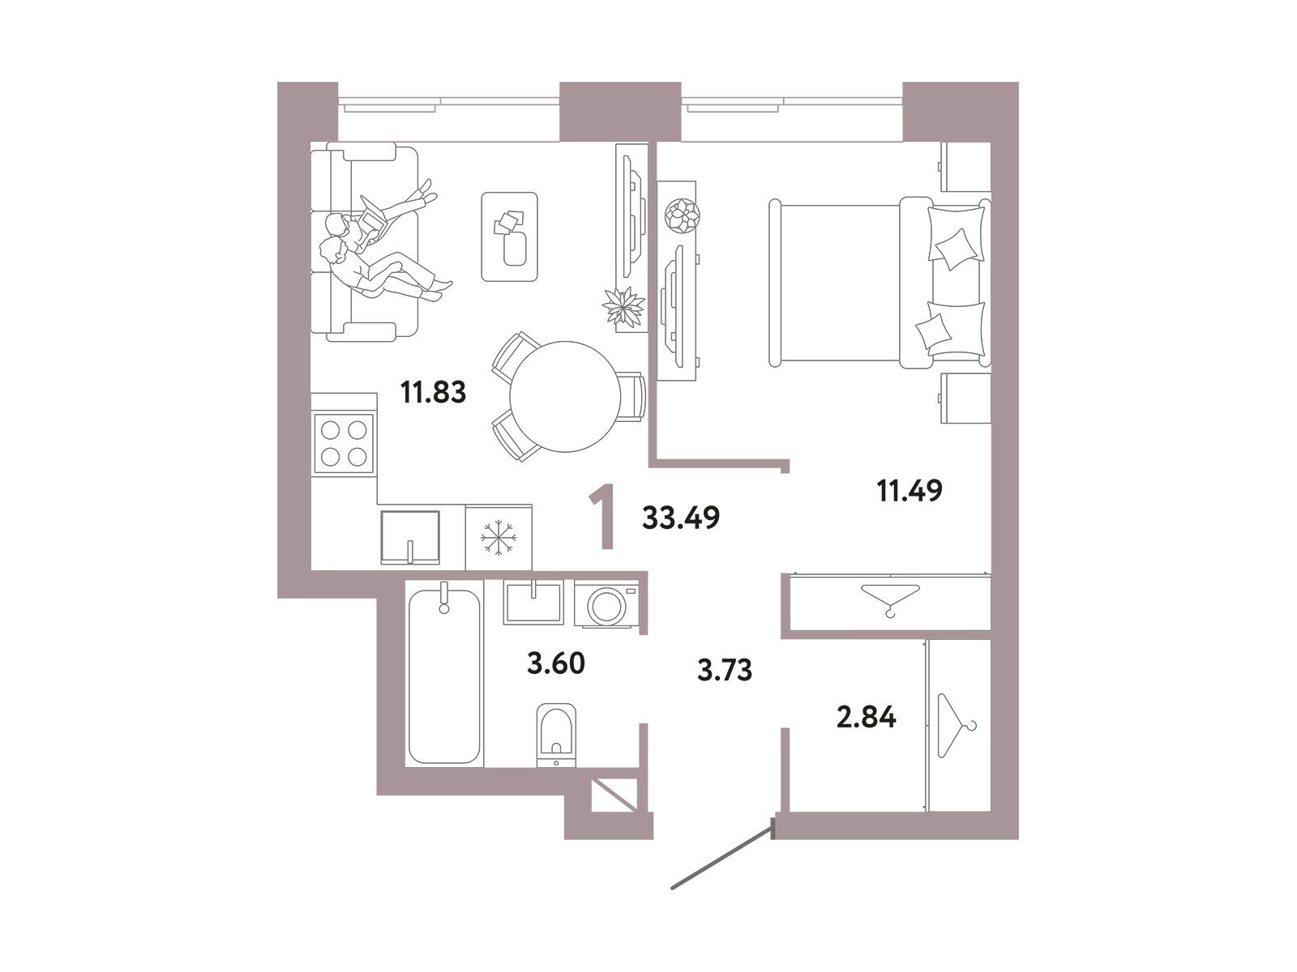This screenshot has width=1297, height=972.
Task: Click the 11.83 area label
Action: pos(433,392)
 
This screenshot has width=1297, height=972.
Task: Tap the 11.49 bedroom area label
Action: pos(910,490)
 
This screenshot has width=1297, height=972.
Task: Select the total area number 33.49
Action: pos(681,518)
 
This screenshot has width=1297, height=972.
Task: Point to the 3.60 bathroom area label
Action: pos(555,663)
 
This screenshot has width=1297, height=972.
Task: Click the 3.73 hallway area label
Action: pos(725,671)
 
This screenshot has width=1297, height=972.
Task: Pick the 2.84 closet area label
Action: pos(867,718)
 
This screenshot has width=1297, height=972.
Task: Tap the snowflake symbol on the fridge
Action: pos(498,537)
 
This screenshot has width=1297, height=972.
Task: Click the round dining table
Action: pos(565,397)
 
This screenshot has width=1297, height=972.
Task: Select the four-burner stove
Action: pos(344,443)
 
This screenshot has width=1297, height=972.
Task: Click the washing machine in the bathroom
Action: pos(606,603)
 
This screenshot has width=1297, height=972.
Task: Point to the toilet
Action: pos(556,735)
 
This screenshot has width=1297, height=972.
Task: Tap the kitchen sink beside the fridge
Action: pos(410,537)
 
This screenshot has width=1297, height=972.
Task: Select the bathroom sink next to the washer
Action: pos(533,602)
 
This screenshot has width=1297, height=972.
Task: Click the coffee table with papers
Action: pos(509,237)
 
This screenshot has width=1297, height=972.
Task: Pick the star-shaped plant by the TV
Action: pos(623,306)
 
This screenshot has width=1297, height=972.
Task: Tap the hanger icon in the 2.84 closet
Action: pos(957,725)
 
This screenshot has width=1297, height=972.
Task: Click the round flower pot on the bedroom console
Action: pos(682,215)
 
